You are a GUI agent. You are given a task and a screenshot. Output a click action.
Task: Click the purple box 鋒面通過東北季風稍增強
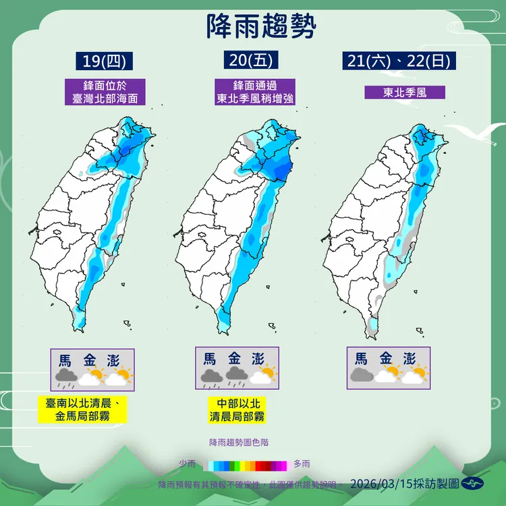[x=254, y=92]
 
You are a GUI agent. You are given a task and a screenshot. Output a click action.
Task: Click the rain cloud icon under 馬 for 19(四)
[x=65, y=376]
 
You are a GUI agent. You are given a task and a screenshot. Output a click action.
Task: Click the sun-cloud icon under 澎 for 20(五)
[x=265, y=375]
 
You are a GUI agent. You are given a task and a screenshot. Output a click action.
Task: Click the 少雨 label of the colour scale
[x=188, y=463]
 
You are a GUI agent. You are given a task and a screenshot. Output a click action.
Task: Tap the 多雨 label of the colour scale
[x=302, y=463]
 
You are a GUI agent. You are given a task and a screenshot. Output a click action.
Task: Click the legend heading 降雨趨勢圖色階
[x=244, y=442]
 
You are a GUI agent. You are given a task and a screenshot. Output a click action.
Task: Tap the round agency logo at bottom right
[x=476, y=483]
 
